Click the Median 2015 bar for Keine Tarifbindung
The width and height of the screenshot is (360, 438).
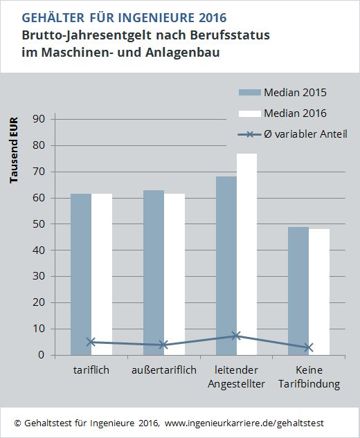(x=298, y=291)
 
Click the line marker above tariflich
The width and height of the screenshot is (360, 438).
(x=91, y=342)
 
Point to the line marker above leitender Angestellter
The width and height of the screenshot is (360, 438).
(x=236, y=336)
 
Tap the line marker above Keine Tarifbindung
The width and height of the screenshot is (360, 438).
(x=309, y=347)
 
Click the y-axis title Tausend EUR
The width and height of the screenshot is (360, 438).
(x=15, y=149)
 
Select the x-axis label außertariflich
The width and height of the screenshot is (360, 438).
(x=163, y=371)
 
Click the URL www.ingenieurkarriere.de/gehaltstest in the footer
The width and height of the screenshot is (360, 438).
(x=244, y=422)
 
